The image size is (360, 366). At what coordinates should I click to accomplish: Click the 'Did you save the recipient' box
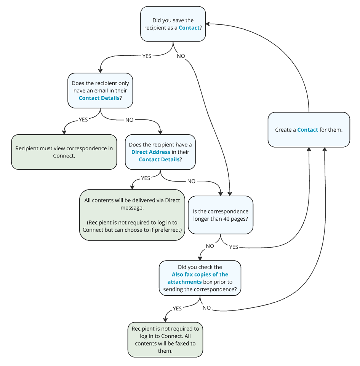coord(173,24)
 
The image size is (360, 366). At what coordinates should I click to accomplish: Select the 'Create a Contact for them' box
coord(309,130)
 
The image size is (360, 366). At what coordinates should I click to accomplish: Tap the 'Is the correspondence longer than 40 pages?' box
coord(221,215)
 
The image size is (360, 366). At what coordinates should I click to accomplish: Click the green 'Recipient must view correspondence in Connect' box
coord(64,152)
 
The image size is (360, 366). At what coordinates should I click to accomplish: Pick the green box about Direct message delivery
coord(132,215)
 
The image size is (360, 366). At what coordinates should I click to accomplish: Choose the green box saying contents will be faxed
coord(165,340)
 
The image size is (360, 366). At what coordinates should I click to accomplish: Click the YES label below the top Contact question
coord(147,56)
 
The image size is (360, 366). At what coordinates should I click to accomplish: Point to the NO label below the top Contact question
coord(181,56)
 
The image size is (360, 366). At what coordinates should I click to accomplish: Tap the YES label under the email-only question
coord(83,119)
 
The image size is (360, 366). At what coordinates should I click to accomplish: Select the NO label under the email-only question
coord(130,119)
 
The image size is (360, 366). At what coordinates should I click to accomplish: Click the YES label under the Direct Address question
coord(146,178)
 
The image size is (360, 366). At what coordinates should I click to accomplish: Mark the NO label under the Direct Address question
coord(191,181)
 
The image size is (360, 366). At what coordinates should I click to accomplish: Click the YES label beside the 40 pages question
coord(234,247)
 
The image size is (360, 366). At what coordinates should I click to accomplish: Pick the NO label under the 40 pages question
coord(210,246)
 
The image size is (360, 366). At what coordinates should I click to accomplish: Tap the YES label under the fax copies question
coord(177,309)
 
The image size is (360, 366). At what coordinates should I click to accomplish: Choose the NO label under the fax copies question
coord(206,308)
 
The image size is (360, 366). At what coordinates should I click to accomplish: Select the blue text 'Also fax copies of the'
coord(200,274)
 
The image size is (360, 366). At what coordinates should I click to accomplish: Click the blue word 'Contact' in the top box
coord(189,28)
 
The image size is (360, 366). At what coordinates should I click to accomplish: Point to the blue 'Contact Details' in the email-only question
coord(99,98)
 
